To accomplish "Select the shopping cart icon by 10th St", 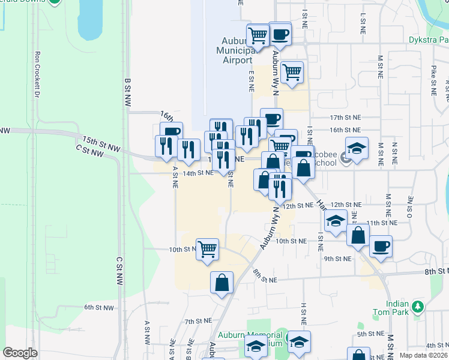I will point(207,249).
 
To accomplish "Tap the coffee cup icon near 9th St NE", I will point(380,246).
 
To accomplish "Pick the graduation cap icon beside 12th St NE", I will point(336,221).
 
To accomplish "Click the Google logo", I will point(20,353).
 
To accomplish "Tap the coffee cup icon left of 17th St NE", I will point(271,118).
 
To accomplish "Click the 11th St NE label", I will point(381,223).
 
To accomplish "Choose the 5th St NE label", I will point(370,334).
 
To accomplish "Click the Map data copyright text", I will point(424,355).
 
